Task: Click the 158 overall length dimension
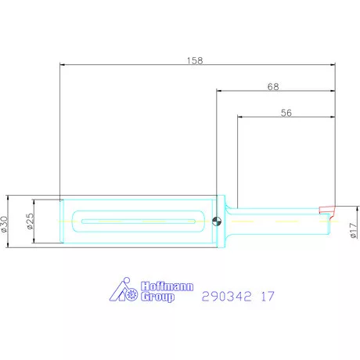[195, 61]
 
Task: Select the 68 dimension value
[273, 87]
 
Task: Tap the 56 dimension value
[286, 113]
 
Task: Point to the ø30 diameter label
[5, 224]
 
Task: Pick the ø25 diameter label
[31, 221]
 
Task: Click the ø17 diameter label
[354, 230]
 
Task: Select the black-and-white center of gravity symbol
[217, 221]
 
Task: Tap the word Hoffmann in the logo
[167, 286]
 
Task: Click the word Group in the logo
[157, 297]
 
